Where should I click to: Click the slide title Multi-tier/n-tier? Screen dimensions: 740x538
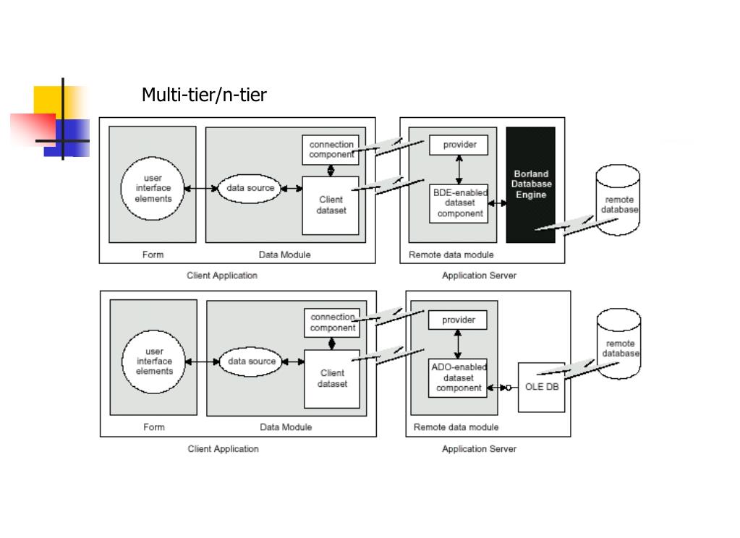(204, 95)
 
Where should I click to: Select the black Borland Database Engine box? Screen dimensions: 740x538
(530, 184)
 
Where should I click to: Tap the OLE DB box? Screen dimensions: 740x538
(541, 387)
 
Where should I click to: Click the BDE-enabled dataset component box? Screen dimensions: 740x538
(459, 203)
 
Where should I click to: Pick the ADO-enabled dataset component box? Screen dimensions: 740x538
(458, 377)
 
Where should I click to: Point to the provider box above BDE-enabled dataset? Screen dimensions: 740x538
(459, 145)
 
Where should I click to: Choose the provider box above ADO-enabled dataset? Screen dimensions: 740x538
(458, 320)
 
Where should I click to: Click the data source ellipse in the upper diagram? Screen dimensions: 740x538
(250, 188)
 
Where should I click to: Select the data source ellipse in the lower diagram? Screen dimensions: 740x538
(251, 362)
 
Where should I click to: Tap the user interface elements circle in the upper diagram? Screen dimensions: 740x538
(153, 188)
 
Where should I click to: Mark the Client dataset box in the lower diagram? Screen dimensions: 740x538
(332, 379)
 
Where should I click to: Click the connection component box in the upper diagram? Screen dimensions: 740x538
(331, 150)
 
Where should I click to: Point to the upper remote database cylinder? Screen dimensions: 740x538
(618, 200)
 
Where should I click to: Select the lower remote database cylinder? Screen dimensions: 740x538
(618, 343)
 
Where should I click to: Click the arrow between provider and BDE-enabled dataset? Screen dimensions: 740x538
(459, 169)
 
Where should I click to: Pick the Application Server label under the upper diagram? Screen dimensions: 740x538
(479, 276)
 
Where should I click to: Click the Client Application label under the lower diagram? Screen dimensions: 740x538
(224, 449)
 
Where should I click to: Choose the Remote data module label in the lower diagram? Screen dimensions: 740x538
(456, 427)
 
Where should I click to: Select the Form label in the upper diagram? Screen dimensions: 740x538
(153, 255)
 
